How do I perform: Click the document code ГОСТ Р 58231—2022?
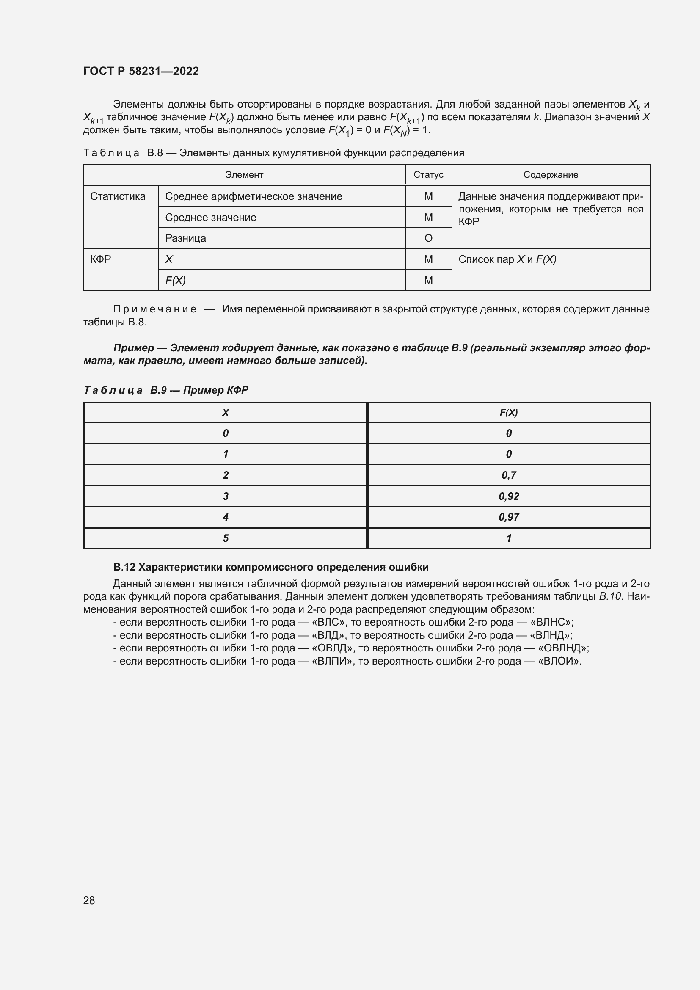point(141,71)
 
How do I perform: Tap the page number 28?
point(89,900)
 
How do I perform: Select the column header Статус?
point(428,175)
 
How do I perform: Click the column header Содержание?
point(551,175)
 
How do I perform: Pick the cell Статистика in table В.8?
point(118,197)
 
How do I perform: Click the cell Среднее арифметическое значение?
point(254,197)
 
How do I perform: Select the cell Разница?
point(185,238)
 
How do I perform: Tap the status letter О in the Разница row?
point(428,238)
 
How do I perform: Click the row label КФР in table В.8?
point(100,259)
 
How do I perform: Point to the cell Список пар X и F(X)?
point(507,259)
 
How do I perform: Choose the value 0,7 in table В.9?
point(509,475)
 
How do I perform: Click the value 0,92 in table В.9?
point(509,496)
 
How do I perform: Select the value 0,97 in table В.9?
point(509,517)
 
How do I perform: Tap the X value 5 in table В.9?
point(226,538)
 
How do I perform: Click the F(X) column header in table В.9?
point(509,413)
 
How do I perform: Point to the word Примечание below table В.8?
point(155,309)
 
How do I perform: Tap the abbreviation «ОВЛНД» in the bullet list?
point(563,648)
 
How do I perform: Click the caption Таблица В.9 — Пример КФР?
point(166,390)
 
